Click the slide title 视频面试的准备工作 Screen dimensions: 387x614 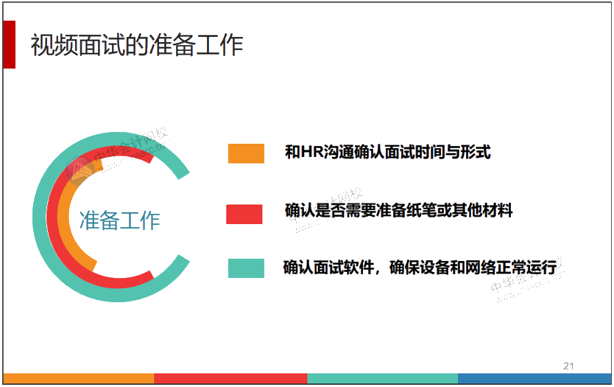[137, 46]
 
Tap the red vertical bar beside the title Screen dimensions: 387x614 [9, 44]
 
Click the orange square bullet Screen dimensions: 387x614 [246, 153]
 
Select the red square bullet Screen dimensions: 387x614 [244, 213]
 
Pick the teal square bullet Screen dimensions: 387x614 [246, 268]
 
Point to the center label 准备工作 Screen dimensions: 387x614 [119, 220]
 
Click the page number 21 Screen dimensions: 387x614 [568, 365]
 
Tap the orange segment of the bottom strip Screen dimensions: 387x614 [77, 379]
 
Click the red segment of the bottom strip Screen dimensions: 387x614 [230, 379]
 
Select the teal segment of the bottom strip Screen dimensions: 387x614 [383, 379]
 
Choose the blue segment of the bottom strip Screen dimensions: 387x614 [534, 379]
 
